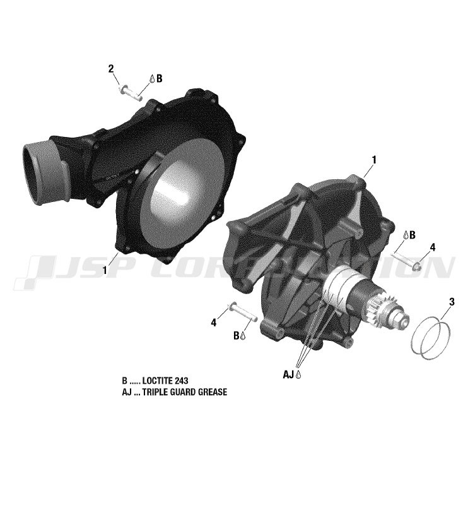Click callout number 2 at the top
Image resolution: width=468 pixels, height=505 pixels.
(x=111, y=69)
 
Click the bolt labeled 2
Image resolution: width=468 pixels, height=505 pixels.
(x=131, y=93)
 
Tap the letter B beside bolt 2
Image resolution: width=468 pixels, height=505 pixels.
(x=159, y=78)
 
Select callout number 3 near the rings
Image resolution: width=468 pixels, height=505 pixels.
(x=452, y=302)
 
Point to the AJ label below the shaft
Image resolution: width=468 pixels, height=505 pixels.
(x=288, y=374)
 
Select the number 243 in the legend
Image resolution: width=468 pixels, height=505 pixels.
(x=182, y=381)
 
